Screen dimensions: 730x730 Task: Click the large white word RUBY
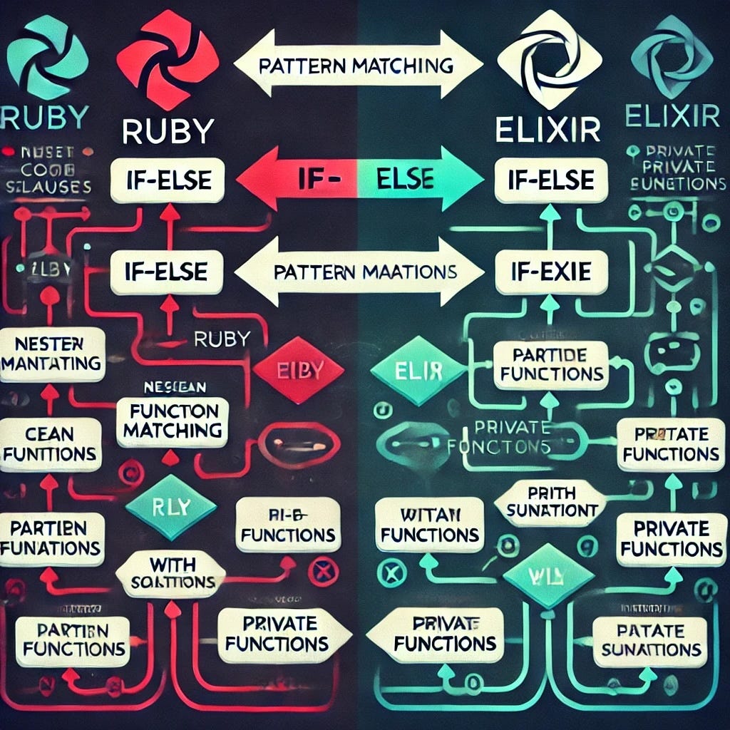168,131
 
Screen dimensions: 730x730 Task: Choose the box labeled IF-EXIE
551,272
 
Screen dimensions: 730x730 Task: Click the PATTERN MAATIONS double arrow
356,272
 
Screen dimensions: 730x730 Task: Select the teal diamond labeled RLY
170,508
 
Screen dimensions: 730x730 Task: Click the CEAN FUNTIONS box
49,444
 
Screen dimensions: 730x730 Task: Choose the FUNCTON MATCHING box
173,421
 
